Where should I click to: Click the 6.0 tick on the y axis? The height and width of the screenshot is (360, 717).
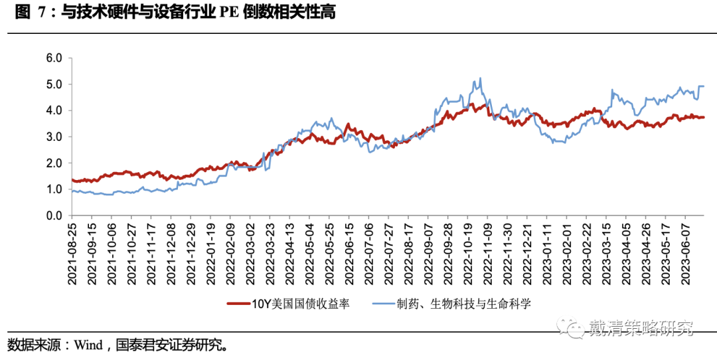[x=53, y=58]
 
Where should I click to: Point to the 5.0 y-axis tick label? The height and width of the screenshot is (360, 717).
[x=53, y=84]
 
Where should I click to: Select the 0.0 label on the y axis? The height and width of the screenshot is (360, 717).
[x=53, y=216]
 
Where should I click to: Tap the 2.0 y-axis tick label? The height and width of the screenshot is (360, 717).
[x=53, y=163]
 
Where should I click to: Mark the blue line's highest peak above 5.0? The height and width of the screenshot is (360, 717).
[x=480, y=78]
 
